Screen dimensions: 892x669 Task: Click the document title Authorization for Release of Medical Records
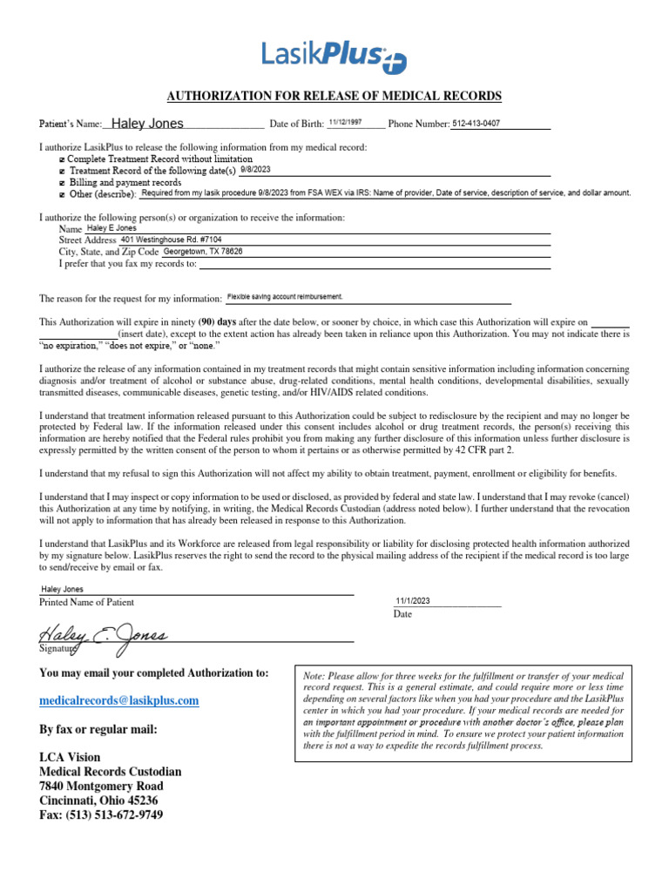(334, 95)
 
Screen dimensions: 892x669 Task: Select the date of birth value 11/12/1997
(344, 123)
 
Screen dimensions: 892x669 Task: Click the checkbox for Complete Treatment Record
(61, 159)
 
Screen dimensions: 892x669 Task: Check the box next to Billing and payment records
(61, 183)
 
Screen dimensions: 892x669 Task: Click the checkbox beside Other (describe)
(61, 194)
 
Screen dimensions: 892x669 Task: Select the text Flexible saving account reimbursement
(285, 296)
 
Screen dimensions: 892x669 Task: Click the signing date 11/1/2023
(414, 600)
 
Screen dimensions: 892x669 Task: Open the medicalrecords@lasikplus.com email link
(119, 700)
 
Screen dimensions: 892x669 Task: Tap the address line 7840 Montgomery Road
(100, 786)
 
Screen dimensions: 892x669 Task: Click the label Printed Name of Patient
(87, 602)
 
